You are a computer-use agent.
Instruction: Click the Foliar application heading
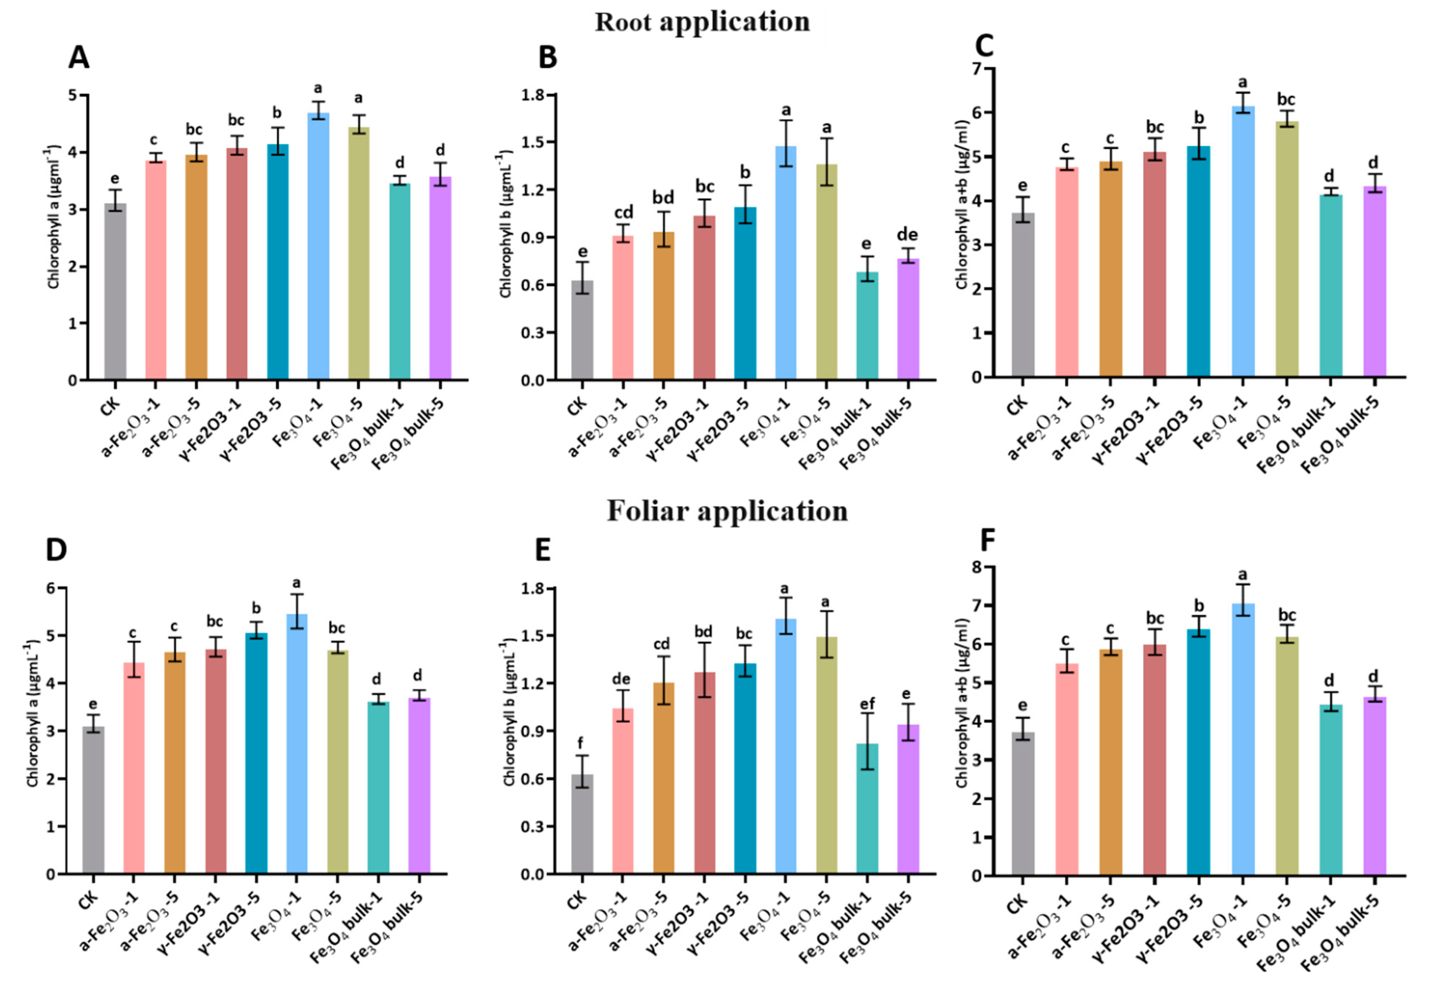(727, 511)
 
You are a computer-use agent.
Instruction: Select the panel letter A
(79, 57)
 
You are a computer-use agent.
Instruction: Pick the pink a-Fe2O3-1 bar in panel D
(134, 768)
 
